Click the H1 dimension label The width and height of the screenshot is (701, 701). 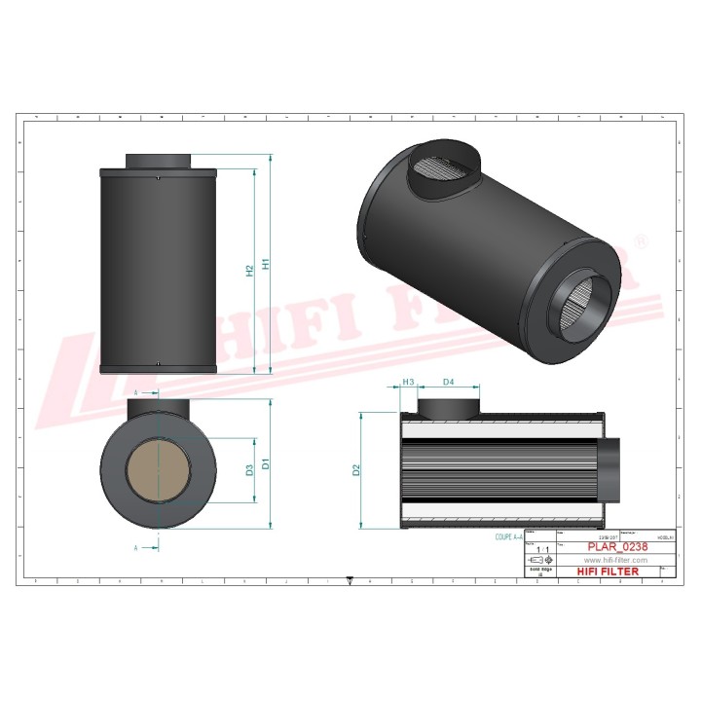coord(264,264)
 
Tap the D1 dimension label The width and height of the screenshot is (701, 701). coord(265,464)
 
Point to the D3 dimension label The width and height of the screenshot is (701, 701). coord(250,470)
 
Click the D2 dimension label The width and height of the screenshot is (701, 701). coord(356,470)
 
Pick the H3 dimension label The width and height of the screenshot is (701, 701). coord(409,382)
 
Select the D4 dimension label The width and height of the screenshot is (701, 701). coord(448,382)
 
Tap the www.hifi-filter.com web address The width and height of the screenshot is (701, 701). coord(615,561)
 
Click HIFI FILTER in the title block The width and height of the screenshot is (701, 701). coord(609,572)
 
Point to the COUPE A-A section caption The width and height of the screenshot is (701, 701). coord(502,535)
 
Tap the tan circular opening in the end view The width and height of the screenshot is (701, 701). coord(158,469)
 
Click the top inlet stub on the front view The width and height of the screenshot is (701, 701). coord(159,161)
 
